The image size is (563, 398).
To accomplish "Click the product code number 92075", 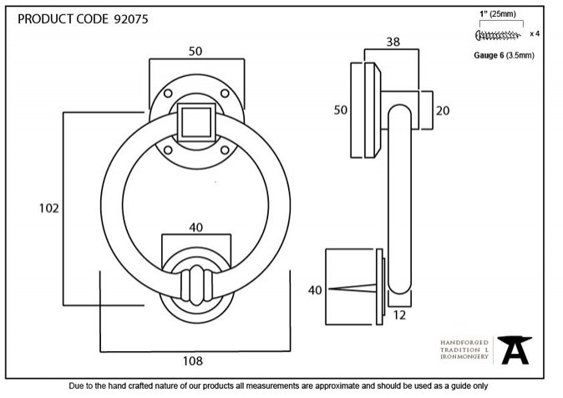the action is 130,19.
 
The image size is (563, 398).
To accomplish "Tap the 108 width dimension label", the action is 193,360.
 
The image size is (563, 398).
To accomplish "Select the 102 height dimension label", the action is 48,208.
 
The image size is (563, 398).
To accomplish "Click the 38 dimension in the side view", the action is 393,42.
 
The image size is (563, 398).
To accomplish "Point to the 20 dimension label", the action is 443,110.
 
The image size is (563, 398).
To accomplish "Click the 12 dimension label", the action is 399,315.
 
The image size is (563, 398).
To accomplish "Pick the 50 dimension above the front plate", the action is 195,51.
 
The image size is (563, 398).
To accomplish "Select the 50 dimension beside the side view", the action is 341,110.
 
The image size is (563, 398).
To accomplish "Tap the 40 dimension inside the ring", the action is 196,227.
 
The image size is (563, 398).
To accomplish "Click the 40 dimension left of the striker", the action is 315,290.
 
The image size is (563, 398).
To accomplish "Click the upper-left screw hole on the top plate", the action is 168,94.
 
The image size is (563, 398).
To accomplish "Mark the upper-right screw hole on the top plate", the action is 225,94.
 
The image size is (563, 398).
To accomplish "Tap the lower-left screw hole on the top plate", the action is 168,150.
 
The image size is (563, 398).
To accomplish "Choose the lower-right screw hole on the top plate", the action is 225,150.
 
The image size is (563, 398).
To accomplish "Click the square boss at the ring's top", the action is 196,122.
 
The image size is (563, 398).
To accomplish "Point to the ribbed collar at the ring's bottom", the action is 196,285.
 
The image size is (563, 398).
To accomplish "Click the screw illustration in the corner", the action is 498,35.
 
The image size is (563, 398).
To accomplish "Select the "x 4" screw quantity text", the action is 535,33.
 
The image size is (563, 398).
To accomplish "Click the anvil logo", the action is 515,350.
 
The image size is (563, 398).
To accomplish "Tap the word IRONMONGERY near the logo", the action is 464,357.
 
